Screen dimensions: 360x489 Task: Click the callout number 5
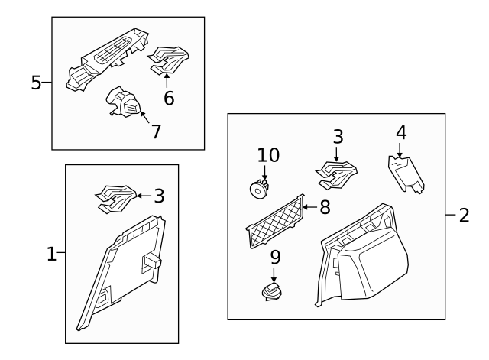(x=36, y=83)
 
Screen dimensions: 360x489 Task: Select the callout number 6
(x=169, y=98)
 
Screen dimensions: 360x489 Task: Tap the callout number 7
(x=156, y=131)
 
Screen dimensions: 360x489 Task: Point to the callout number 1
(x=51, y=254)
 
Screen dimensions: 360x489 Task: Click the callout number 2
(x=464, y=215)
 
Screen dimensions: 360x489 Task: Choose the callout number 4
(x=401, y=133)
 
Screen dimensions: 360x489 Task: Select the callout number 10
(x=268, y=155)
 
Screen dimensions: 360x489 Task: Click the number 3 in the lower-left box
(x=159, y=196)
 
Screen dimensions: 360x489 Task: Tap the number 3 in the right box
(x=337, y=138)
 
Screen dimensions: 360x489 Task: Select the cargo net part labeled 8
(x=275, y=222)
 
